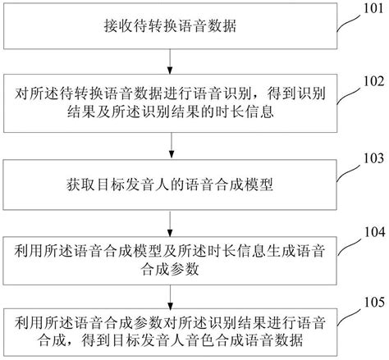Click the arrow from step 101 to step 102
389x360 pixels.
pos(170,61)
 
